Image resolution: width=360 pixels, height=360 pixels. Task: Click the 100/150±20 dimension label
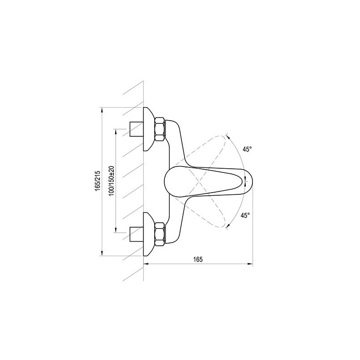(112, 181)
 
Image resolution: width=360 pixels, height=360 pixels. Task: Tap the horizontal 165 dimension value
(198, 259)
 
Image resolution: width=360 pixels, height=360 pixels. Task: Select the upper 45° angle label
(247, 149)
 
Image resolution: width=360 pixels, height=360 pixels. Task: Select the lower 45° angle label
(245, 216)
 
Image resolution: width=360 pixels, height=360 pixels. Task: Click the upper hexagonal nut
(160, 129)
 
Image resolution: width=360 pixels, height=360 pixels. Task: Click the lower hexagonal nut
(160, 234)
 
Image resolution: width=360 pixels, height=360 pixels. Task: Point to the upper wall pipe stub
(136, 129)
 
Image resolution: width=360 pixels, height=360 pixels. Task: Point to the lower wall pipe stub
(136, 234)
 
